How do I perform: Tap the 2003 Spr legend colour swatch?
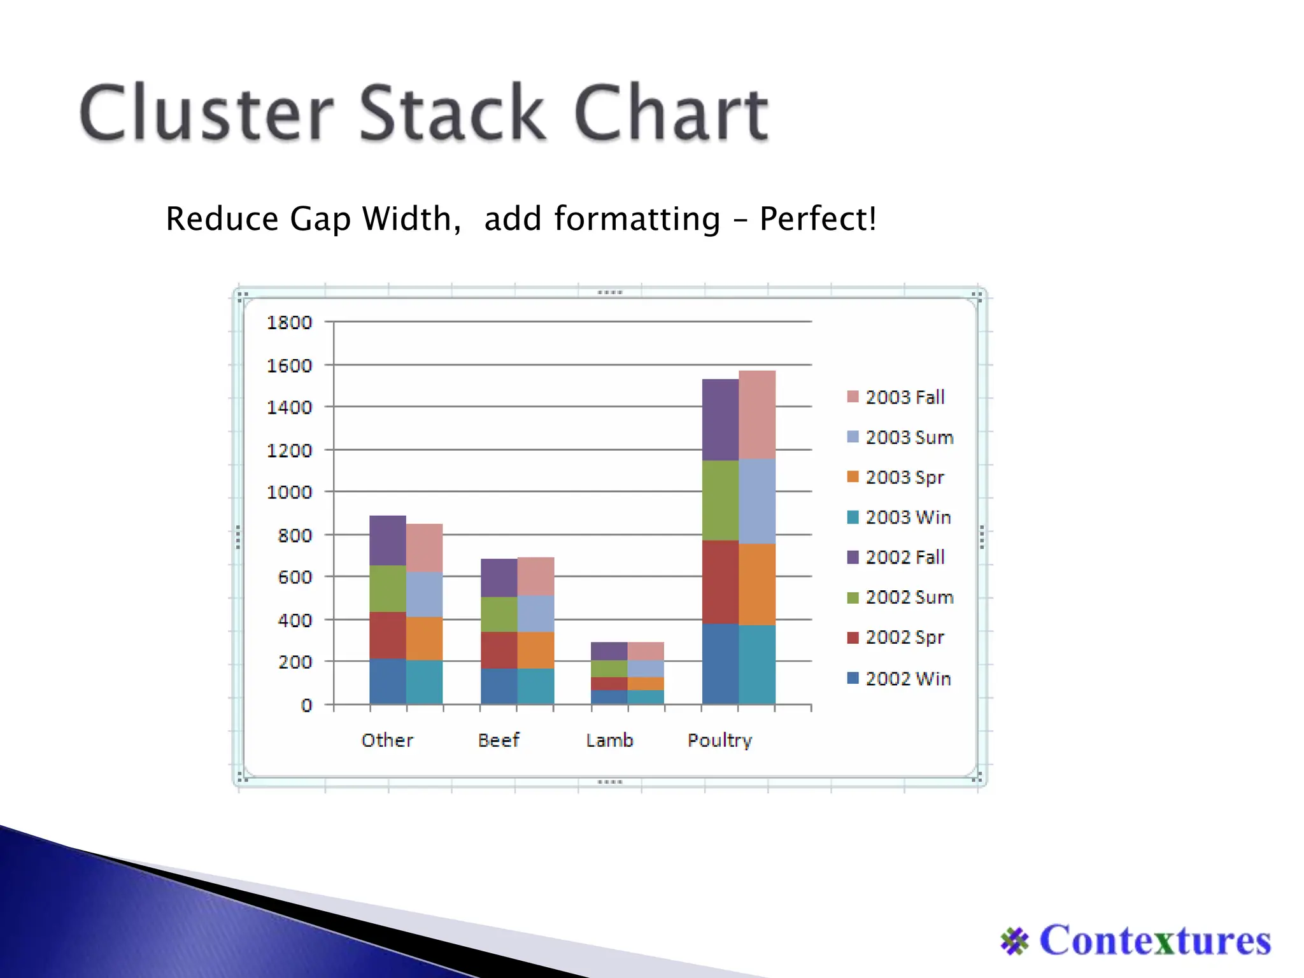[853, 477]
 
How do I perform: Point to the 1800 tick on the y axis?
[289, 323]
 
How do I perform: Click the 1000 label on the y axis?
[289, 492]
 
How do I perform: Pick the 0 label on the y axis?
[307, 705]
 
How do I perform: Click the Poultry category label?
[719, 741]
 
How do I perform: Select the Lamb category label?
[609, 741]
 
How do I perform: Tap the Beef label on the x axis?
[499, 741]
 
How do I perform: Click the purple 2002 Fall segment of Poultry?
[720, 420]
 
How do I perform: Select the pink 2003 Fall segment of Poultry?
[757, 415]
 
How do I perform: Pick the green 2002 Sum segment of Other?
[388, 588]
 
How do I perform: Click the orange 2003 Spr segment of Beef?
[535, 650]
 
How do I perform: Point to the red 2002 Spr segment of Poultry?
[720, 582]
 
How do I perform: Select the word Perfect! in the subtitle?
[818, 219]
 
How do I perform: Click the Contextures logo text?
[1154, 940]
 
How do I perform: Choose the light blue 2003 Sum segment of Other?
[425, 594]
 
